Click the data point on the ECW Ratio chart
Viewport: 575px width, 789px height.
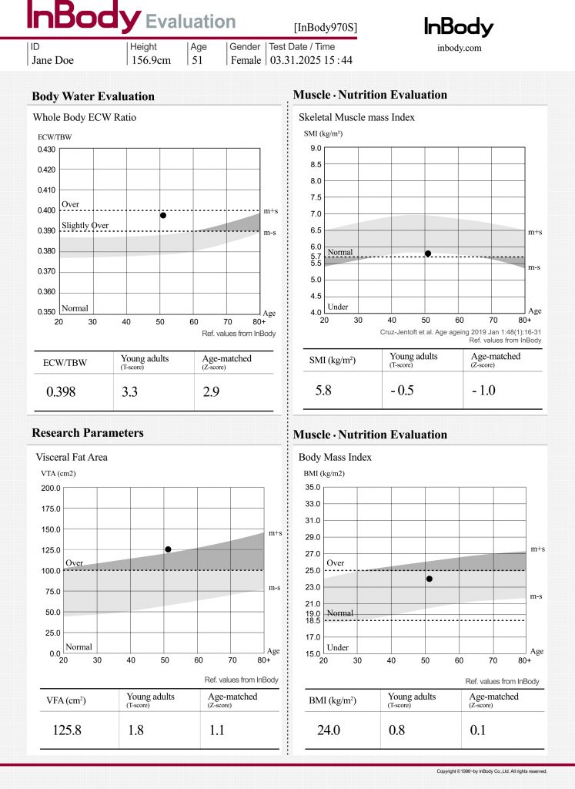click(163, 216)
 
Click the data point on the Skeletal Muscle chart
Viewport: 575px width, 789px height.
click(428, 253)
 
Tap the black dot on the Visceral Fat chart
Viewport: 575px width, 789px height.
click(168, 549)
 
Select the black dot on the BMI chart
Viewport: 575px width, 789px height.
click(430, 579)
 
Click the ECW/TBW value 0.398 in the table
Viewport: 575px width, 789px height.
click(61, 391)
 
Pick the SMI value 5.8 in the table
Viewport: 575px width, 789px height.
click(323, 390)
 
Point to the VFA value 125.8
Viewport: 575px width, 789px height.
click(67, 730)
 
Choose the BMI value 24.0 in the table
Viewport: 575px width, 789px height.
click(329, 730)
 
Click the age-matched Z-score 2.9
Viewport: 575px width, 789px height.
click(211, 391)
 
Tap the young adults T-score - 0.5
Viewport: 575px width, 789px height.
click(402, 390)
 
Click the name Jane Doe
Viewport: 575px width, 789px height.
click(53, 60)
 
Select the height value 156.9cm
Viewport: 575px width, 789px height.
click(152, 60)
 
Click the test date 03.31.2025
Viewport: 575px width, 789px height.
click(296, 60)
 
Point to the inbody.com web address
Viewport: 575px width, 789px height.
click(460, 48)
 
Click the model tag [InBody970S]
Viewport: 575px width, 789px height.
click(326, 28)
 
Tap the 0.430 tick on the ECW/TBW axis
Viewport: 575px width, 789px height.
click(46, 149)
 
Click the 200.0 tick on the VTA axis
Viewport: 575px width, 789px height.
click(51, 488)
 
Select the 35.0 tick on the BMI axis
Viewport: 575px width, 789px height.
click(313, 487)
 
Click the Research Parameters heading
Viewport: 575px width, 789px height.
click(88, 433)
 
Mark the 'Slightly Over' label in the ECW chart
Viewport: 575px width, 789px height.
click(85, 226)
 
